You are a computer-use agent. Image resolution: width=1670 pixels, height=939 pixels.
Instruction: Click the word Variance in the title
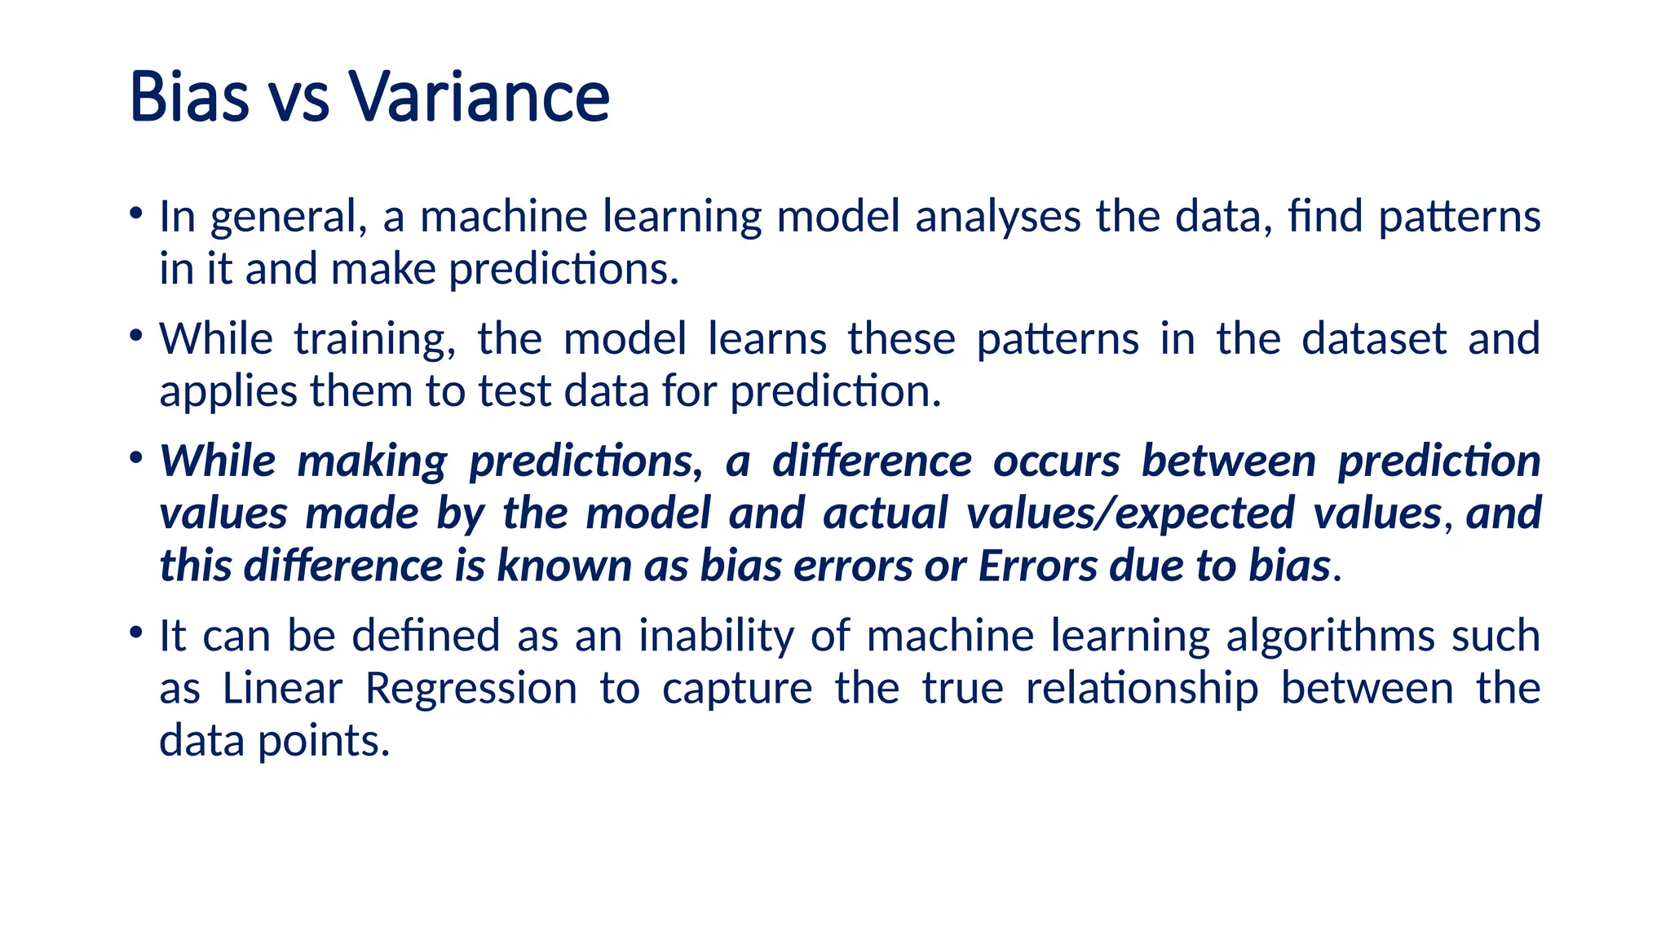coord(479,97)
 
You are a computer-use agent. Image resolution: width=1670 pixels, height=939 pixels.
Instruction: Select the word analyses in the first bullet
coord(997,218)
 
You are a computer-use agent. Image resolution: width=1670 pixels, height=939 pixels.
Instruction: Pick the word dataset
coord(1374,339)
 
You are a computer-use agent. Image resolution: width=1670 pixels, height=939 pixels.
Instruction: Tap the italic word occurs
coord(1056,461)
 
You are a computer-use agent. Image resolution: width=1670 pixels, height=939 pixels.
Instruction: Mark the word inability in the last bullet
coord(715,637)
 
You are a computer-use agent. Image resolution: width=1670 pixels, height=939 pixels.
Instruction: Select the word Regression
coord(471,690)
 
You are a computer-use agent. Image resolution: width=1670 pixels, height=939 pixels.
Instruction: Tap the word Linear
coord(282,689)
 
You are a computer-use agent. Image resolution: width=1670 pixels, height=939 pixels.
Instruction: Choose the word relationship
coord(1142,690)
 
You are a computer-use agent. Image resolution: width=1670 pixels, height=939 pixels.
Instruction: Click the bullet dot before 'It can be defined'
coord(136,633)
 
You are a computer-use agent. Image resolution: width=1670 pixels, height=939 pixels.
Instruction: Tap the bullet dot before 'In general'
coord(136,214)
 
